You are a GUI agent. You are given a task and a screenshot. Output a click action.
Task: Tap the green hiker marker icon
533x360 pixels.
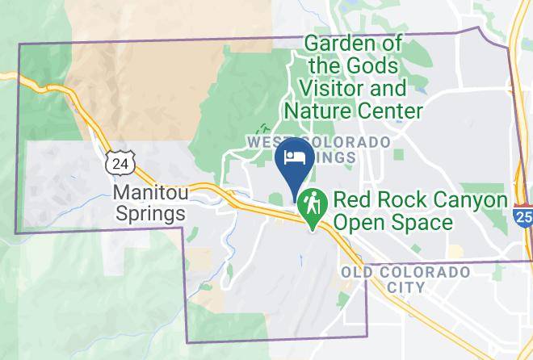coord(311,203)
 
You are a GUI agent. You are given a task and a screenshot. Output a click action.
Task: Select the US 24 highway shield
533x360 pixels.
coord(120,163)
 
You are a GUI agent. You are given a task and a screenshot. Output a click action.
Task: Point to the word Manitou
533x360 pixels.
coord(150,194)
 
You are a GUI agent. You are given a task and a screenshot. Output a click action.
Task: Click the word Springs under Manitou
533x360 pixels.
coord(150,214)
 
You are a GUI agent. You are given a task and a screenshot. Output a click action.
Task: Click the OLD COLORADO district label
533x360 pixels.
coord(405,272)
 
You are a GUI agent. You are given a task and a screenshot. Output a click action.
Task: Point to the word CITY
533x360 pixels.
coord(405,287)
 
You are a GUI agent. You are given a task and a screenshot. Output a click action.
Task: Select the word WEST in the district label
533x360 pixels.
coord(265,142)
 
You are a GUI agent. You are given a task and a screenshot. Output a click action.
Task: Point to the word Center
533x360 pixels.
coord(393,110)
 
